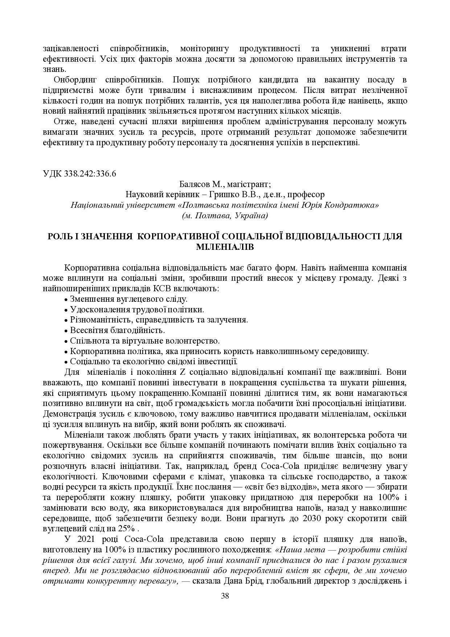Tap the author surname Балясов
click(196, 184)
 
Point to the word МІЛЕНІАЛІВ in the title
click(225, 247)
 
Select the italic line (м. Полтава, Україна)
click(225, 216)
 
